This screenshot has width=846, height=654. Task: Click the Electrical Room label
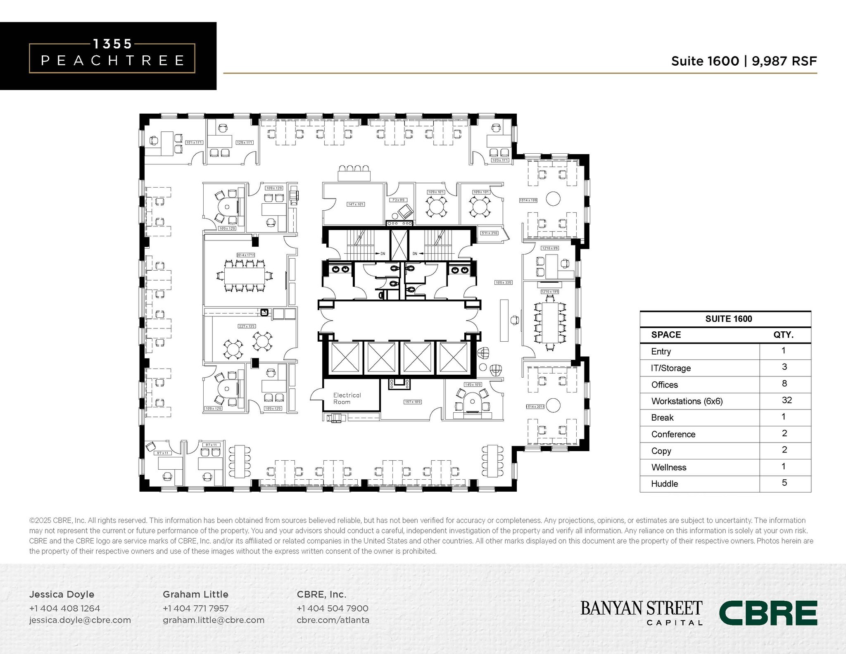pyautogui.click(x=347, y=398)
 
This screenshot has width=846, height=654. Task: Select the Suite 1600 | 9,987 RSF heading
pyautogui.click(x=744, y=61)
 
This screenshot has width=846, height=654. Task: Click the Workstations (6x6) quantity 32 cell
pyautogui.click(x=786, y=400)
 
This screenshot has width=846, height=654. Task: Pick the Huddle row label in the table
pyautogui.click(x=664, y=484)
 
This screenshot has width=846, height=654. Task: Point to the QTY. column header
pyautogui.click(x=783, y=335)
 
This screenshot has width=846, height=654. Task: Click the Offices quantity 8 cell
pyautogui.click(x=784, y=384)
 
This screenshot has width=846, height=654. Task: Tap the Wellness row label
pyautogui.click(x=668, y=467)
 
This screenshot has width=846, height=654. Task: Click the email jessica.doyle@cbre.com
pyautogui.click(x=80, y=620)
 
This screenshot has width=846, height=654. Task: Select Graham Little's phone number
pyautogui.click(x=195, y=608)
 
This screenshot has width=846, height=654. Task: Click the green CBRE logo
pyautogui.click(x=768, y=613)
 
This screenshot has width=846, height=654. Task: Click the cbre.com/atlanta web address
pyautogui.click(x=333, y=620)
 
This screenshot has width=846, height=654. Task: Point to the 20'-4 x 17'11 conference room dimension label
pyautogui.click(x=245, y=255)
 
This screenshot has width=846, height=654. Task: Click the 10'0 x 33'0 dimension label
pyautogui.click(x=503, y=283)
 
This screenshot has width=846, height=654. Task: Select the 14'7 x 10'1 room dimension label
pyautogui.click(x=355, y=204)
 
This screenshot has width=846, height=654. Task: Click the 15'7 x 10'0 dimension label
pyautogui.click(x=412, y=402)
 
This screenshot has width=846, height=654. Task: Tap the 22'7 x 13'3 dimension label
pyautogui.click(x=247, y=326)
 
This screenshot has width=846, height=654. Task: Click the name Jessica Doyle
pyautogui.click(x=62, y=594)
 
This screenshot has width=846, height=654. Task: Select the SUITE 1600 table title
pyautogui.click(x=728, y=319)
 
